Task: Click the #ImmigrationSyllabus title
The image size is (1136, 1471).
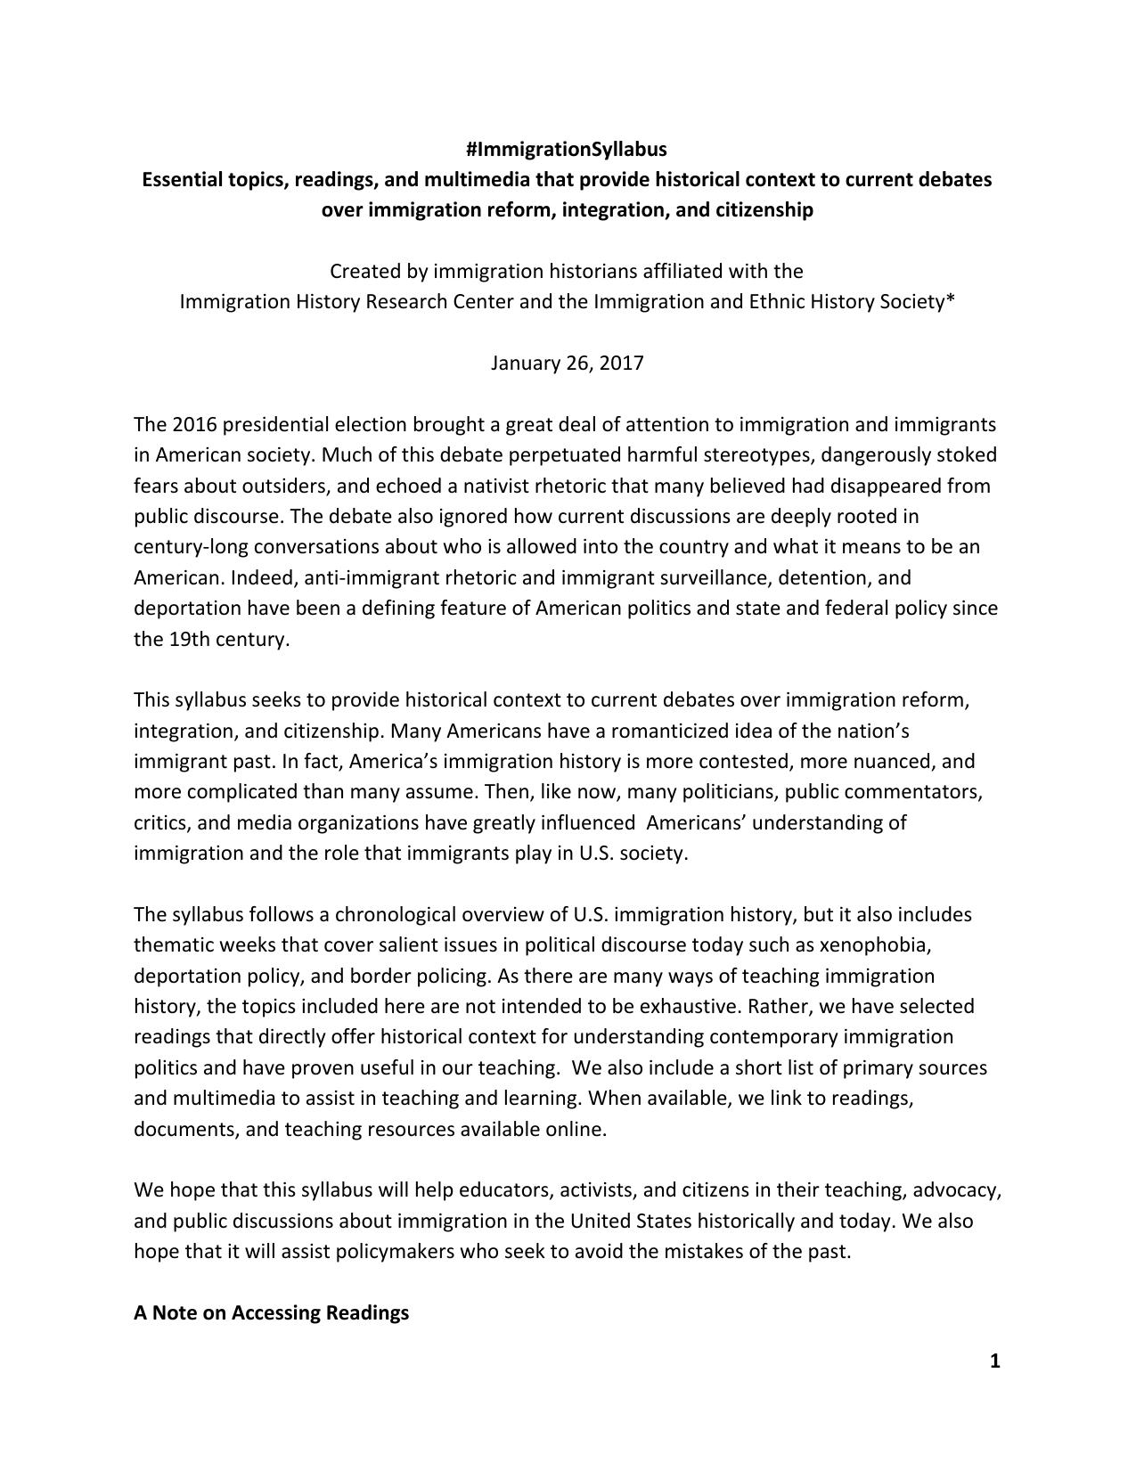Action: [x=567, y=149]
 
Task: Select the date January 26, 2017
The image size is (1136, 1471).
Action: [x=567, y=364]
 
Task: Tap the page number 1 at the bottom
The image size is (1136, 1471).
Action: [x=995, y=1361]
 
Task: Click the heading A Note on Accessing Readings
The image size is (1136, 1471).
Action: [x=271, y=1312]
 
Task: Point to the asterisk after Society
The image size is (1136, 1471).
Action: [x=951, y=299]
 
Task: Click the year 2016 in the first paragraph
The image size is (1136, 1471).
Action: [x=193, y=425]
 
